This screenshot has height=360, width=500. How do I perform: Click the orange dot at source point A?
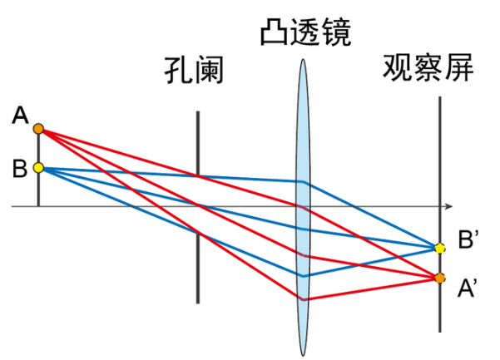[x=38, y=128]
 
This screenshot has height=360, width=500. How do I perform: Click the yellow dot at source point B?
[x=38, y=168]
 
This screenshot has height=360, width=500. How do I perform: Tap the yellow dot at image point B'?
[x=439, y=247]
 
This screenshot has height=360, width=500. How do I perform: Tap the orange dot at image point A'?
[x=439, y=278]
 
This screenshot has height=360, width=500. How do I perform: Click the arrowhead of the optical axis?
[x=448, y=205]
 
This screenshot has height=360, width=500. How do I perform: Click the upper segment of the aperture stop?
[x=198, y=141]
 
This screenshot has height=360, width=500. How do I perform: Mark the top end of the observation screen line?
[x=439, y=98]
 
